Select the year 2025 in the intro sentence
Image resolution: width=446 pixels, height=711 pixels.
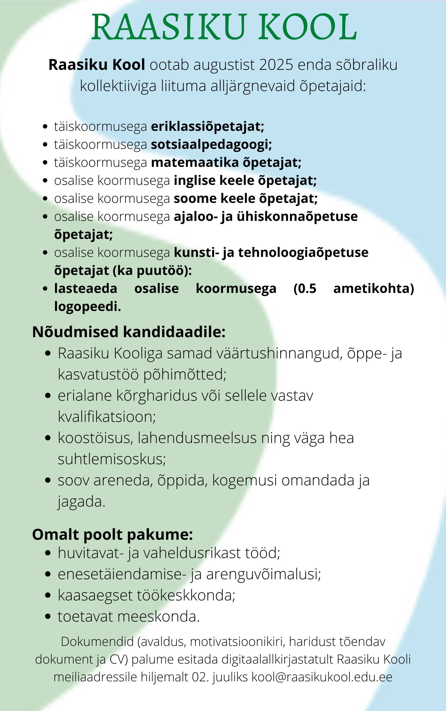click(276, 65)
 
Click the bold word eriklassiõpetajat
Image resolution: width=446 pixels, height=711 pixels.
click(207, 126)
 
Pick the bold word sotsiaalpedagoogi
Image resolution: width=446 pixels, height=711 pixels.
click(211, 144)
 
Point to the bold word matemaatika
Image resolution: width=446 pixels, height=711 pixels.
click(195, 162)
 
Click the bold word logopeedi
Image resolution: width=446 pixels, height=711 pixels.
click(87, 307)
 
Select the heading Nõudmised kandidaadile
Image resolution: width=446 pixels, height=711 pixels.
click(129, 332)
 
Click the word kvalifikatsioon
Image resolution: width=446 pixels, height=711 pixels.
click(107, 417)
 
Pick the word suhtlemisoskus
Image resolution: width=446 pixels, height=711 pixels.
click(111, 459)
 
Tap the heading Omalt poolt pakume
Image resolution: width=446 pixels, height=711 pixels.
click(112, 535)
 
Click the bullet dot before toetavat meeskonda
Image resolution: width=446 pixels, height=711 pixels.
click(48, 617)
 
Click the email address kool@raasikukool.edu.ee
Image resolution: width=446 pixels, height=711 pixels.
click(322, 677)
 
